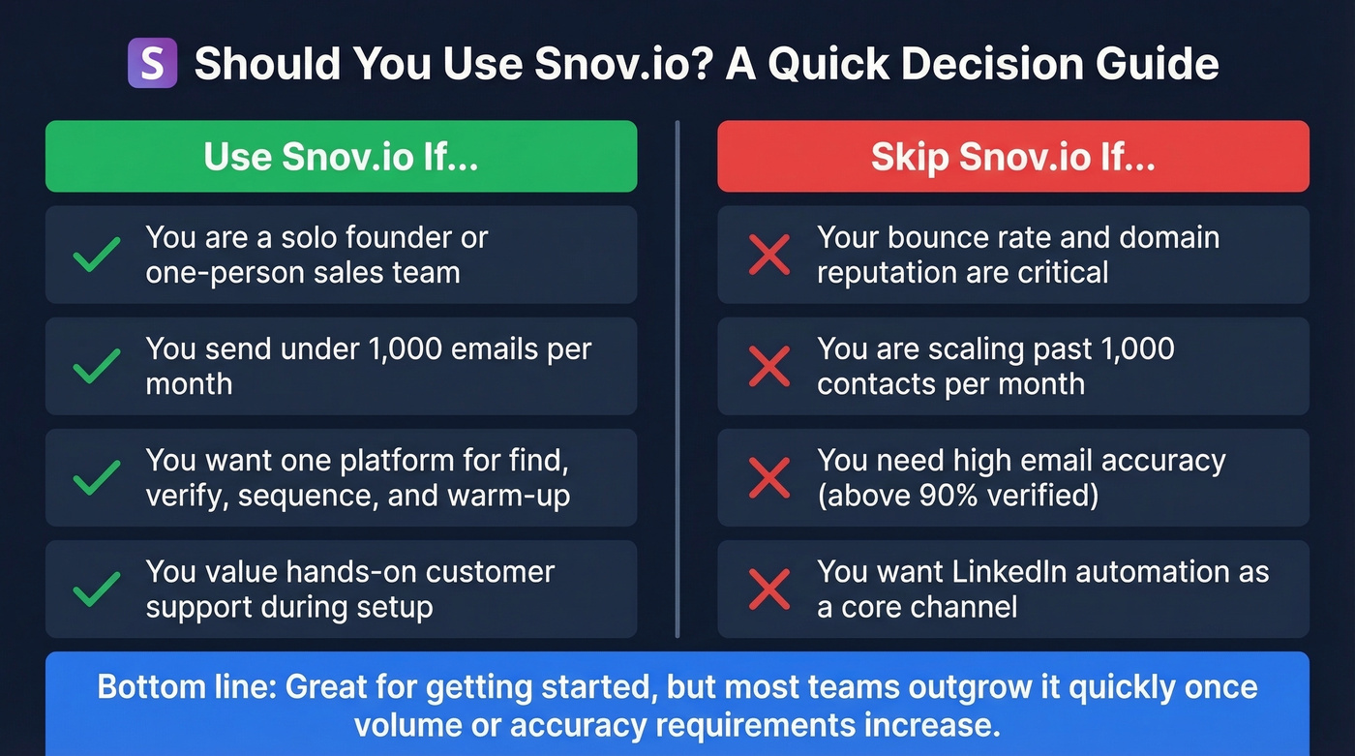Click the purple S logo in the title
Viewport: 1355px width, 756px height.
(152, 64)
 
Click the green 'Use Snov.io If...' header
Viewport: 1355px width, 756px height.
(341, 157)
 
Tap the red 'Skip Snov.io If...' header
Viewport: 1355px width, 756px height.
(1012, 157)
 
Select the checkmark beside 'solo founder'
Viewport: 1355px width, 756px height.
(97, 255)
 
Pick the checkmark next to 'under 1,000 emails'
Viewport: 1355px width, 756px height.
(97, 366)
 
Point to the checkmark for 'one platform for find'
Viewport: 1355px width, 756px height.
(97, 478)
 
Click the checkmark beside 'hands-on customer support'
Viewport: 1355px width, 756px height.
(97, 590)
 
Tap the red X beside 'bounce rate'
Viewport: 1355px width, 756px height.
(769, 255)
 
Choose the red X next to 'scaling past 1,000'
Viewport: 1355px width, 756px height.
(769, 366)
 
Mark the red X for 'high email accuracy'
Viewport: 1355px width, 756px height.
(769, 478)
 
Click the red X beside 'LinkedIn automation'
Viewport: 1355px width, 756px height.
(769, 590)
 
